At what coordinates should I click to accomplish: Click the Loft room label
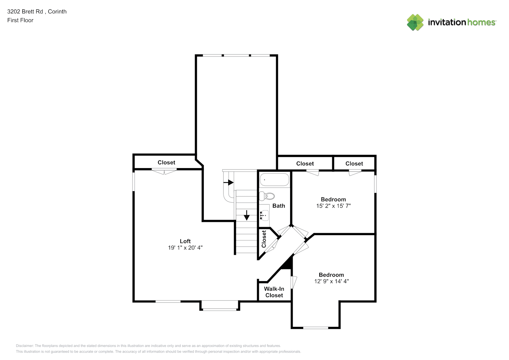pyautogui.click(x=185, y=241)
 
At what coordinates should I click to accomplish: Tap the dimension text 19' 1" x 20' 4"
pyautogui.click(x=185, y=248)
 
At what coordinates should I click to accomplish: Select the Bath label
pyautogui.click(x=279, y=206)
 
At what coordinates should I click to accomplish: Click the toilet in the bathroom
pyautogui.click(x=267, y=196)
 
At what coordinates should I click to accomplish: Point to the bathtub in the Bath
pyautogui.click(x=275, y=180)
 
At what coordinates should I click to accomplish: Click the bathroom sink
pyautogui.click(x=264, y=215)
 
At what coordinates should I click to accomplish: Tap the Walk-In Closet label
pyautogui.click(x=274, y=292)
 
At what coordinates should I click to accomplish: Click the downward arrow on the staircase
pyautogui.click(x=247, y=215)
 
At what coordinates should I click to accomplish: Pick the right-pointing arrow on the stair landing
pyautogui.click(x=228, y=182)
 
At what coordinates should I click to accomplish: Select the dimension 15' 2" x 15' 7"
pyautogui.click(x=333, y=206)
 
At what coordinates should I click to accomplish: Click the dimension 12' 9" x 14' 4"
pyautogui.click(x=331, y=282)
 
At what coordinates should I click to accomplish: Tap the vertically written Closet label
pyautogui.click(x=264, y=239)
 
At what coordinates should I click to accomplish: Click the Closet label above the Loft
pyautogui.click(x=166, y=162)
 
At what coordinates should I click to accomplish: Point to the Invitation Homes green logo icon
pyautogui.click(x=415, y=22)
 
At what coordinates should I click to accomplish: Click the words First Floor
pyautogui.click(x=20, y=20)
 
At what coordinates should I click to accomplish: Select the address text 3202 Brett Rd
pyautogui.click(x=25, y=12)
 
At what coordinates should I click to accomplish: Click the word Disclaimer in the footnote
pyautogui.click(x=24, y=346)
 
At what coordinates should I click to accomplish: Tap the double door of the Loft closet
pyautogui.click(x=164, y=172)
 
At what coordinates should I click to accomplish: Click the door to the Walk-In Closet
pyautogui.click(x=294, y=282)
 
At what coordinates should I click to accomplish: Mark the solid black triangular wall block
pyautogui.click(x=288, y=264)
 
